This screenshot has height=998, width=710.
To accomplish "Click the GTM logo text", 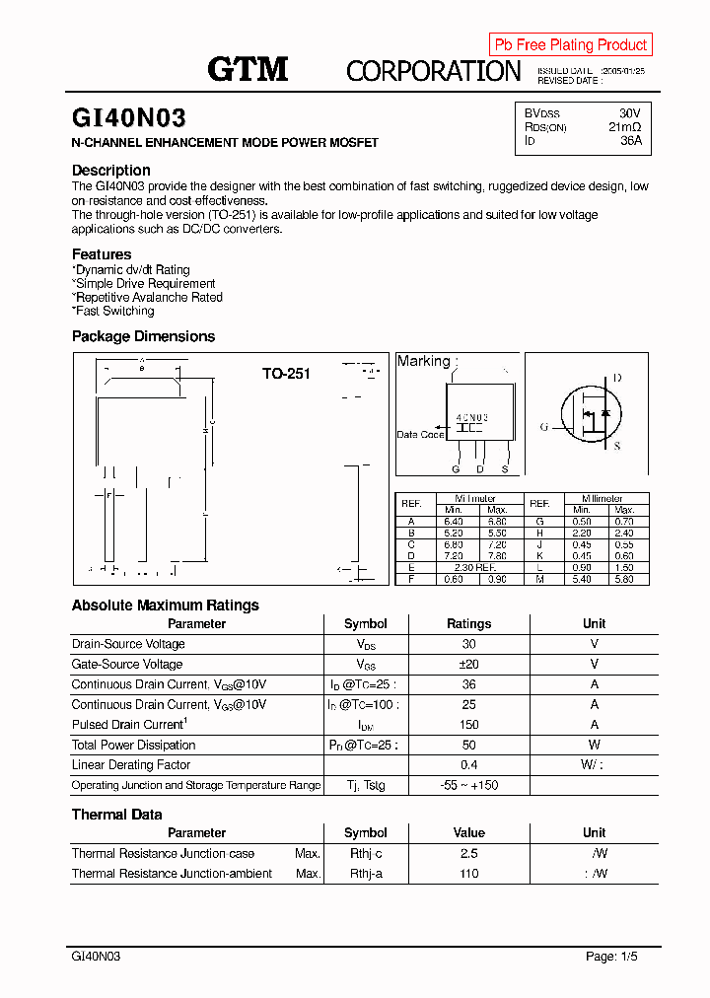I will click(x=248, y=69).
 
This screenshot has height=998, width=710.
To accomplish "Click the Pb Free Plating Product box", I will click(x=570, y=44).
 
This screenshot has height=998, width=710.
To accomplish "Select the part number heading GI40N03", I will click(x=128, y=118).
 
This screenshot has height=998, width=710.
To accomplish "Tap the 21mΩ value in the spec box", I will click(x=624, y=127).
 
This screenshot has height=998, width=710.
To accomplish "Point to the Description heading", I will click(x=111, y=171).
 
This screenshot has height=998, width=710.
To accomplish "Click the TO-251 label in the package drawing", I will click(x=286, y=374).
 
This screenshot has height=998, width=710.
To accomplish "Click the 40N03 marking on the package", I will click(x=472, y=418).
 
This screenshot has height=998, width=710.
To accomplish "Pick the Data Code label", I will click(x=420, y=435).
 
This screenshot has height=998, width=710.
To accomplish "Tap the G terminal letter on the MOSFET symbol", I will click(x=543, y=427).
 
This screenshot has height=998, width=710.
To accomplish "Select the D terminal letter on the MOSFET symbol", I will click(x=617, y=379).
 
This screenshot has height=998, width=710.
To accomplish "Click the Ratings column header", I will click(x=468, y=624).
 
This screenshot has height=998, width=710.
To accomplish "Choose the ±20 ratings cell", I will click(x=468, y=665).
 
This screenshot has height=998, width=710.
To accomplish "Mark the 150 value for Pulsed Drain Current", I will click(x=468, y=725).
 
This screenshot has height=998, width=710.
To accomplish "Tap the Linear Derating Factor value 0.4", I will click(x=468, y=765).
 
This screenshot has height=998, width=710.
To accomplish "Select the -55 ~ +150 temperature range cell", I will click(x=468, y=786).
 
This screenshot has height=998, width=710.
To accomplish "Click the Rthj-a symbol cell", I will click(x=365, y=874).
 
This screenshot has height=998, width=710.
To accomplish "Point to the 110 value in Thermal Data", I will click(x=468, y=874).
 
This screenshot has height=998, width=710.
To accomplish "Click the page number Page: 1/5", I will click(x=615, y=957).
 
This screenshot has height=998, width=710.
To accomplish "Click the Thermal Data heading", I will click(x=116, y=815).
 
